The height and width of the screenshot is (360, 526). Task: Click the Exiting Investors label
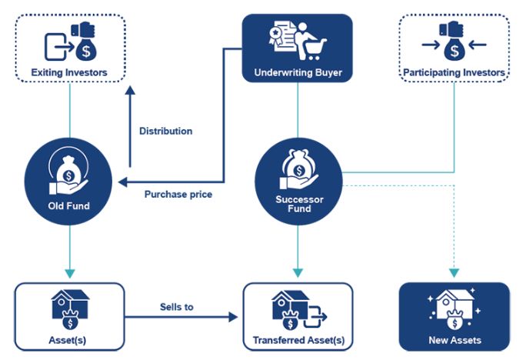pos(69,73)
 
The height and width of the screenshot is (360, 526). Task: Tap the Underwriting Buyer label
pos(298,74)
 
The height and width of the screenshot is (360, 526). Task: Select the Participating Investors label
pos(454,73)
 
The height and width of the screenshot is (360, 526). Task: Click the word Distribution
pos(165,131)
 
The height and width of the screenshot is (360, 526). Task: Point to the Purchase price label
pos(178,195)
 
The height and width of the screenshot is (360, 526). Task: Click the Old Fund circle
pos(70,183)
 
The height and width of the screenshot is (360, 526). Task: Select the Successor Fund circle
pos(297,183)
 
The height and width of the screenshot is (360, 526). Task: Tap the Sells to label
pos(178,307)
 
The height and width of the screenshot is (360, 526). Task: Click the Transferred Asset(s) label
pos(298,340)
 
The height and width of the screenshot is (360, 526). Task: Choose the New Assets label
pos(454,340)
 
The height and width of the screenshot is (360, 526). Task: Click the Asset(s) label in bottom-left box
pos(69,340)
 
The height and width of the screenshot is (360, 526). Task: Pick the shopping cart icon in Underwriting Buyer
pos(314,48)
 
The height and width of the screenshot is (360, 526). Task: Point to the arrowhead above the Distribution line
pos(130,90)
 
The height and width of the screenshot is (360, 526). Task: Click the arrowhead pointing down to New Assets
pos(454,272)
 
